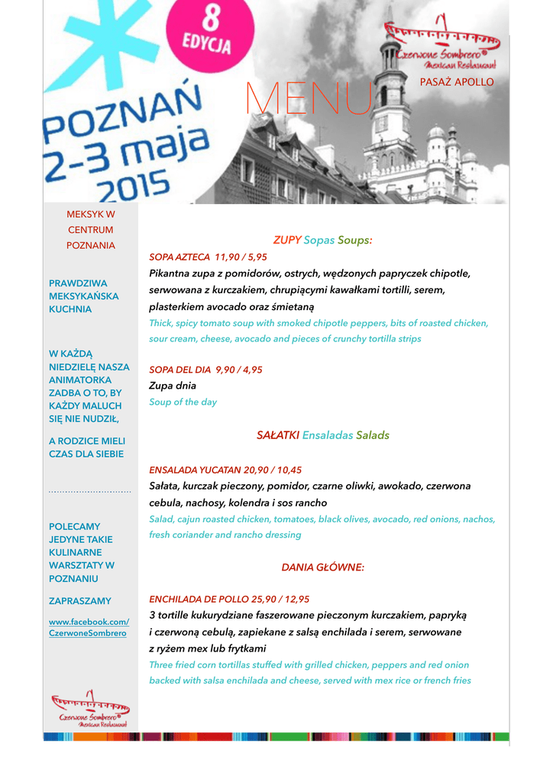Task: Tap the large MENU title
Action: coord(308,99)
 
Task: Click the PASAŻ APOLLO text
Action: coord(457,82)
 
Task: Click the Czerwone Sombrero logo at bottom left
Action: coord(90,708)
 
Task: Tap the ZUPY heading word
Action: coord(287,240)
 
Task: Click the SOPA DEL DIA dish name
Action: coord(180,370)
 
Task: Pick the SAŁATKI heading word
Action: coord(278,435)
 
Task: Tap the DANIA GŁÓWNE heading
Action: coord(323,567)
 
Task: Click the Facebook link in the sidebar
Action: coord(89,628)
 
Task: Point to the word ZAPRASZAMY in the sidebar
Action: coord(80,601)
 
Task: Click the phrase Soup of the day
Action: coord(183,402)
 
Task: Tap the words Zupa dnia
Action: coord(173,386)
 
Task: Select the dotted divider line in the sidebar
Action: coord(90,493)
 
